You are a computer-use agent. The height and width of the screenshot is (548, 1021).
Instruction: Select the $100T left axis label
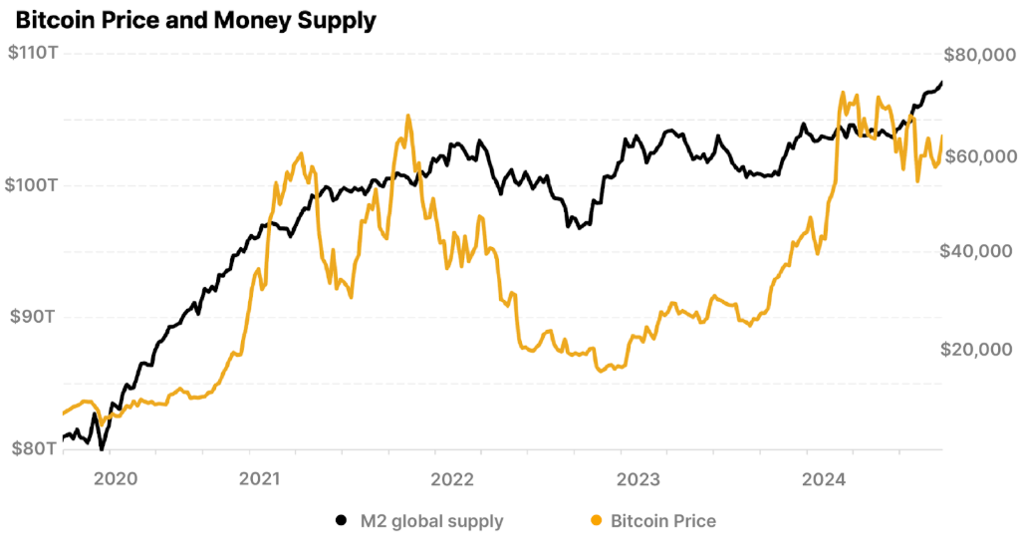tap(32, 185)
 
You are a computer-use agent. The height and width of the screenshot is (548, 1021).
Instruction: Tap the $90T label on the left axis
tap(32, 317)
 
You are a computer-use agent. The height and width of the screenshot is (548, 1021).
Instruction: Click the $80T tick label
tap(32, 449)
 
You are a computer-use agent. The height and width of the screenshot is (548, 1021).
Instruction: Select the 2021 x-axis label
tap(260, 479)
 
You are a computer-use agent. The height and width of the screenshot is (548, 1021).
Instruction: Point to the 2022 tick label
tap(451, 479)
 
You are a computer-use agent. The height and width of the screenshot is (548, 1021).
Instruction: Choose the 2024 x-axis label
tap(825, 479)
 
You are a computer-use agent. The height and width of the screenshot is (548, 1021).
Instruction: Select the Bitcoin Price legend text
tap(662, 520)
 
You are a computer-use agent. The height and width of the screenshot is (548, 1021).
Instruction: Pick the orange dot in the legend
tap(596, 520)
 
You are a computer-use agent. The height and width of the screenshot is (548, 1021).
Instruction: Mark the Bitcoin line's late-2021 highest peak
tap(407, 116)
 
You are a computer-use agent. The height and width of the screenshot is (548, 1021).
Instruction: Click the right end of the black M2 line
tap(941, 83)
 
